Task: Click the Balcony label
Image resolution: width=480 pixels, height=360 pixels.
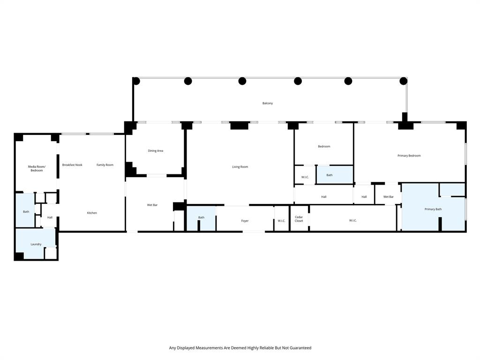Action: pos(268,103)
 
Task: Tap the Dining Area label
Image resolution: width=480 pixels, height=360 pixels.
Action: pos(155,151)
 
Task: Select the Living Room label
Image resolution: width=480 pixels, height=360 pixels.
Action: pos(240,167)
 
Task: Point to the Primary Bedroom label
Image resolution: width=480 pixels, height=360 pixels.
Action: pos(409,156)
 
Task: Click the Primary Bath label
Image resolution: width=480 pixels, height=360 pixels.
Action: pos(433,209)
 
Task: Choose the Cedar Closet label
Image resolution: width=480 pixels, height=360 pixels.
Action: pos(299,219)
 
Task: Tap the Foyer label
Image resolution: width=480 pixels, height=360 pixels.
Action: pos(245,221)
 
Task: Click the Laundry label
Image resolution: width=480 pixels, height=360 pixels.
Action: pos(36,244)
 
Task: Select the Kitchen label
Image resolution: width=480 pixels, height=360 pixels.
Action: pos(92,213)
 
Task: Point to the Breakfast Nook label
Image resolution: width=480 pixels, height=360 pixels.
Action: pos(72,165)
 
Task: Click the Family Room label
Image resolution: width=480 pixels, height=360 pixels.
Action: pos(105,165)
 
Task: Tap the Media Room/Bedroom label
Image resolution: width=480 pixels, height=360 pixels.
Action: pos(37,169)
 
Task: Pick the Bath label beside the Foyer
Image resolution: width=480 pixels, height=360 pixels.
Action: pos(201,217)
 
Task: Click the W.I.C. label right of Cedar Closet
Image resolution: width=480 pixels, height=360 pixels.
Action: pos(352,220)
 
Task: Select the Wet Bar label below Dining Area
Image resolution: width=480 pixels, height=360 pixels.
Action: pos(152,205)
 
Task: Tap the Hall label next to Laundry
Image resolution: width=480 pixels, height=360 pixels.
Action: pos(50,217)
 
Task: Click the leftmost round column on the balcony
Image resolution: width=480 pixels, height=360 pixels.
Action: pos(136,81)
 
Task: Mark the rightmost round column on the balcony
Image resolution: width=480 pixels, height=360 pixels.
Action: pos(403,81)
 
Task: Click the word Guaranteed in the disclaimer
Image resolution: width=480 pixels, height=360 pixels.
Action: pos(297,348)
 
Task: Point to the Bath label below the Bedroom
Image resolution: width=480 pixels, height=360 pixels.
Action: pos(329,175)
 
